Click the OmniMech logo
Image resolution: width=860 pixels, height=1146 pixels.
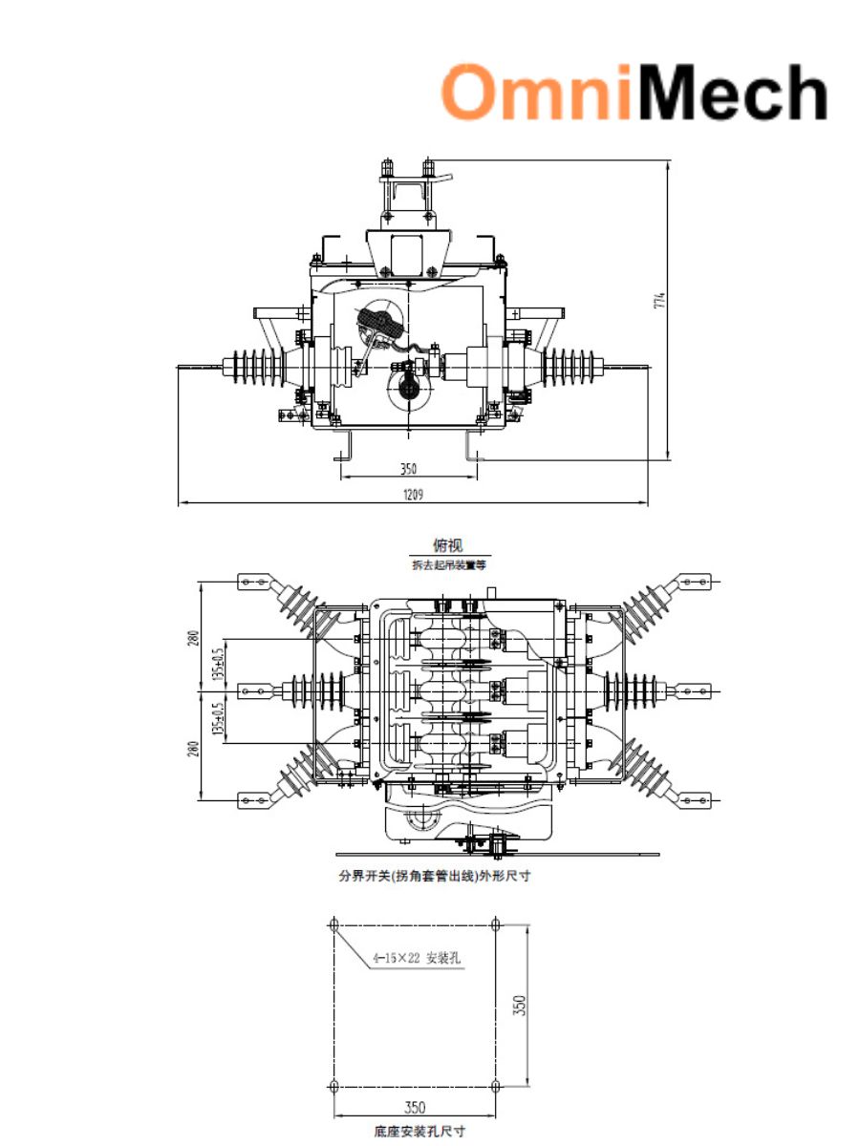(634, 94)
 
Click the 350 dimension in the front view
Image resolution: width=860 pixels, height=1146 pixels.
(408, 469)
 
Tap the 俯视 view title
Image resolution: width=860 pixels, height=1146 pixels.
(447, 546)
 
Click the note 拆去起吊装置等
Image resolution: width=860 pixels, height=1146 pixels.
(447, 565)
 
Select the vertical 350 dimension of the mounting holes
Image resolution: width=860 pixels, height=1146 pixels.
(520, 1006)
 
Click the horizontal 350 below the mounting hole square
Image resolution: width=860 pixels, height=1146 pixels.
(414, 1108)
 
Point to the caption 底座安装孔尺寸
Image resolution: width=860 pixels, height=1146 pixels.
(419, 1131)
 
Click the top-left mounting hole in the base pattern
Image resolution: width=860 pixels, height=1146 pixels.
(333, 924)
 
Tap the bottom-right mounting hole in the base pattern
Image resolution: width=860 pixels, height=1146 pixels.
(495, 1086)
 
